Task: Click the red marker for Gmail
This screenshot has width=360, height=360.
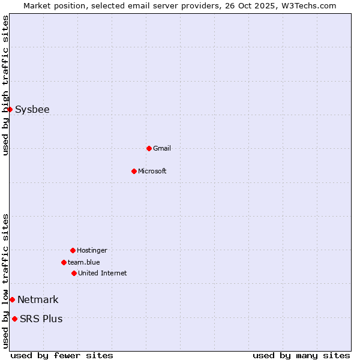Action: tap(149, 148)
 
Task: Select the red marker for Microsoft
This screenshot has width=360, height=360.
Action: tap(134, 171)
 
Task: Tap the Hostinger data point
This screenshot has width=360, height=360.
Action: tap(73, 250)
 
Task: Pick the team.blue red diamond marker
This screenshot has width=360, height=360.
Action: tap(64, 262)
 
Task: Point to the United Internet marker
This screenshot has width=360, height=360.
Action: tap(74, 273)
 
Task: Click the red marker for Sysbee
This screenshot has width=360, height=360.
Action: tap(10, 109)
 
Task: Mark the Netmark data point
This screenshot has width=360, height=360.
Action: tap(12, 299)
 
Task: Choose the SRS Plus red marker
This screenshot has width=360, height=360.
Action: tap(14, 319)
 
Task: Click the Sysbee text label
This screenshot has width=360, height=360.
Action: tap(32, 110)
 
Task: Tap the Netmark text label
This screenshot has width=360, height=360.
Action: tap(38, 300)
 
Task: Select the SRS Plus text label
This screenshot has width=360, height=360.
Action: tap(41, 319)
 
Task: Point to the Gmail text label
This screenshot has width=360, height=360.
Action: tap(162, 148)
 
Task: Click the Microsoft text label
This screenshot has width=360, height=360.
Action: tap(152, 171)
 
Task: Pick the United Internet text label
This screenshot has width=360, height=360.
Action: tap(103, 273)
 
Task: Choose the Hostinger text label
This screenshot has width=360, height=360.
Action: tap(92, 250)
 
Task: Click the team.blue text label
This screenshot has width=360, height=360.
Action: tap(84, 262)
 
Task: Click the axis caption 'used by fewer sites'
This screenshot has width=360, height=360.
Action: tap(62, 355)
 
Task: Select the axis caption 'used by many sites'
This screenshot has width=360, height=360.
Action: tap(301, 355)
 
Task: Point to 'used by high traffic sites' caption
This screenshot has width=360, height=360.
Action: tap(5, 85)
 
